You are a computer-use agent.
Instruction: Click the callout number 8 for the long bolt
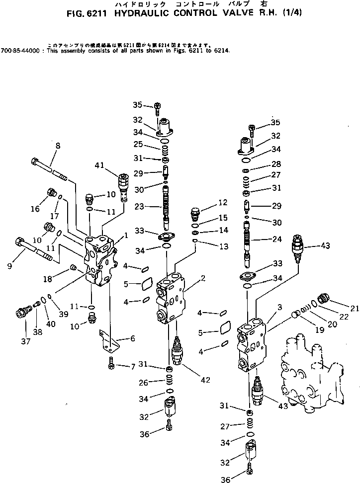[x=58, y=146]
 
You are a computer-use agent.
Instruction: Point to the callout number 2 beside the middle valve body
[x=203, y=278]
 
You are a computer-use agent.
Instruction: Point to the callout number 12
[x=222, y=202]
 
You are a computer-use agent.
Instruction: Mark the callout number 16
[x=35, y=209]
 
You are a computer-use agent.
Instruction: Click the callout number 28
[x=276, y=164]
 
